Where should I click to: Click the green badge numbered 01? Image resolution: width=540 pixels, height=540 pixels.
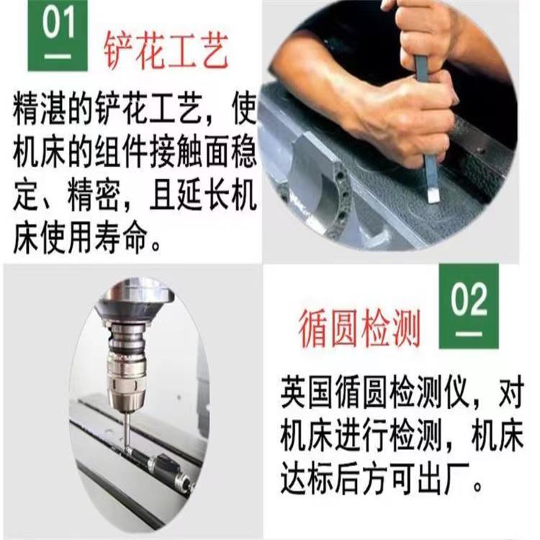coord(58,35)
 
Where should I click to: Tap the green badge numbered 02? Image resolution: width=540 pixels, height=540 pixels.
coord(469,307)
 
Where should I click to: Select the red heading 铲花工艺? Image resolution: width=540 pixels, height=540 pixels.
coord(166,51)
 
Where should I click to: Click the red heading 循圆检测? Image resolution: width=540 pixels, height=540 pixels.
coord(359,328)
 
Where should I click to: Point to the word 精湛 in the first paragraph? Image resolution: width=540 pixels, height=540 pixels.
coord(40,109)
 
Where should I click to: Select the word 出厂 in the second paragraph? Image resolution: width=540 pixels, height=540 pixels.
coord(444,478)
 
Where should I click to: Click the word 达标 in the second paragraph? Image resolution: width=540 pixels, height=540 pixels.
coord(307,478)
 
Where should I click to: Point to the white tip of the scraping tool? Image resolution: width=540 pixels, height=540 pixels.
coord(433,197)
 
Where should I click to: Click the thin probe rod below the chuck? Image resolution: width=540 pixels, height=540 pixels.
coord(127,431)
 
